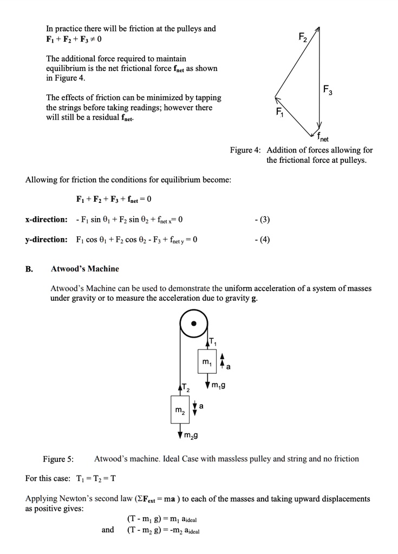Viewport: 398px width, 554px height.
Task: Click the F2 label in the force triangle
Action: (303, 38)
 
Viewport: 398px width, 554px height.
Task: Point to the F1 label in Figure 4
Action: (279, 113)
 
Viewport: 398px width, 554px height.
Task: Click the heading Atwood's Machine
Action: (85, 268)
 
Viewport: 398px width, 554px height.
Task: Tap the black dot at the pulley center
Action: (195, 326)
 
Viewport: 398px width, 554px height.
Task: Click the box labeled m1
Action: (206, 361)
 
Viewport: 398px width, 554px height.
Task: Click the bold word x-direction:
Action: (47, 220)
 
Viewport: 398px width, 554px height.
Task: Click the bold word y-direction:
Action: (47, 239)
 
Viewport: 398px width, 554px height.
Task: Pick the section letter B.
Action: (29, 268)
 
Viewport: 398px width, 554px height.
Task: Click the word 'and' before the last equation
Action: (108, 530)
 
